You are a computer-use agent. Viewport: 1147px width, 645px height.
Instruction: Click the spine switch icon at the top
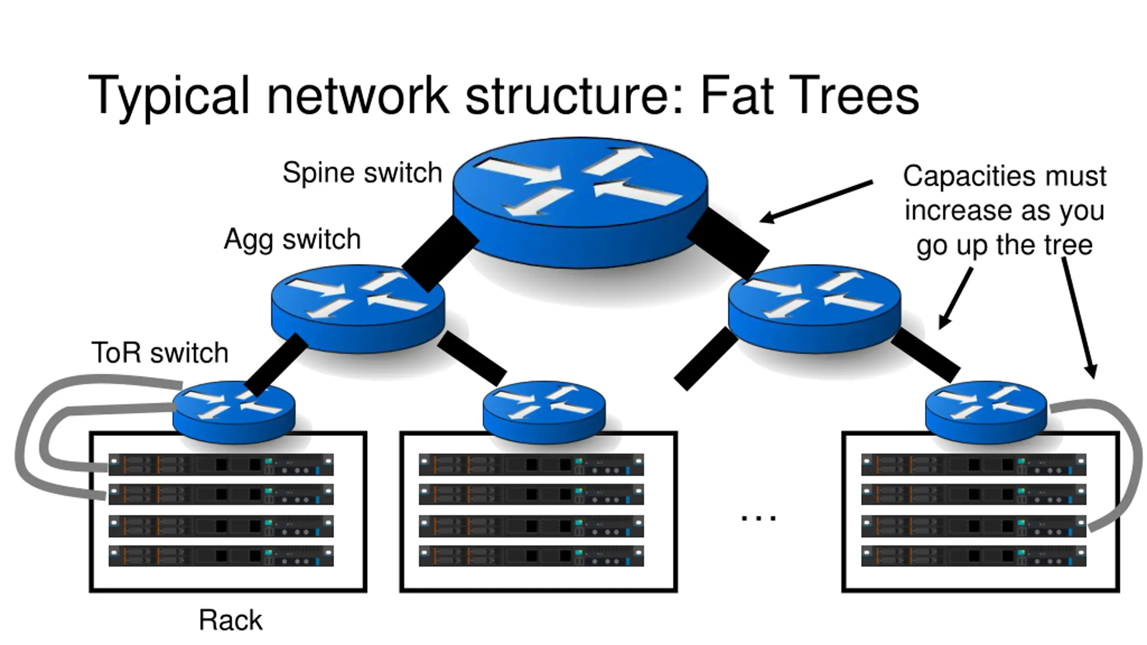[x=580, y=202]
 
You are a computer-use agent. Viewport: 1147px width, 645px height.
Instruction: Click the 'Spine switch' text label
[x=362, y=173]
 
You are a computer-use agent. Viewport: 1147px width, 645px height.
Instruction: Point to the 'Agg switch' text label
[x=292, y=239]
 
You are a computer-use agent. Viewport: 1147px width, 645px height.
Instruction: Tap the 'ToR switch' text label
[x=160, y=353]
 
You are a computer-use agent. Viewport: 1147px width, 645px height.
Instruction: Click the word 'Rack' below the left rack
[x=230, y=620]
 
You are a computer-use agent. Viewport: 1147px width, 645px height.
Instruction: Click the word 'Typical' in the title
[x=168, y=96]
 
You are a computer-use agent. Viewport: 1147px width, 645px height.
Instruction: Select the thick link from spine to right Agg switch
[x=729, y=244]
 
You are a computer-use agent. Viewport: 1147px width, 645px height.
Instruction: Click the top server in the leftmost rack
[x=221, y=464]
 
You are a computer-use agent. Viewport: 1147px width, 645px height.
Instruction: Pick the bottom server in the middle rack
[x=531, y=556]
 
